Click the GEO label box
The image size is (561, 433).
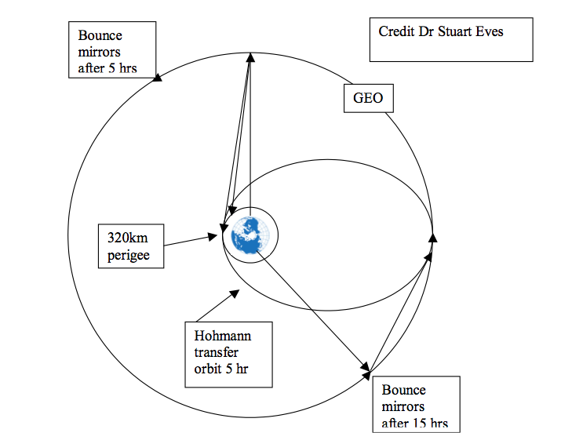(368, 100)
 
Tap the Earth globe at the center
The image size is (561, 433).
(251, 235)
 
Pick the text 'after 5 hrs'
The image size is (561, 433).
(107, 68)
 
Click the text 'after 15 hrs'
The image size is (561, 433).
(415, 424)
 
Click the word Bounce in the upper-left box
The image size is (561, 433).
(100, 36)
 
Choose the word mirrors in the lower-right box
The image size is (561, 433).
(403, 406)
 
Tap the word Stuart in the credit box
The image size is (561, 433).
(457, 31)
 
